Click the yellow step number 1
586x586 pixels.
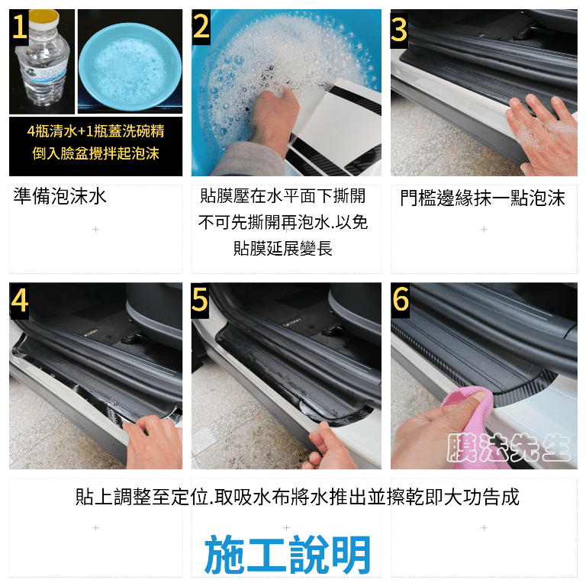18,27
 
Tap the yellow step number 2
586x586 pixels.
201,26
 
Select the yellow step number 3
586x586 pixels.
399,31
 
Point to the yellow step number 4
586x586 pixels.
19,301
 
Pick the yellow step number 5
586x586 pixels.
200,300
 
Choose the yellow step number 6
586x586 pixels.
401,299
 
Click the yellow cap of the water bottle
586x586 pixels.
44,17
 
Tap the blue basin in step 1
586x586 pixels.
130,66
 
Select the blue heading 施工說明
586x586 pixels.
288,554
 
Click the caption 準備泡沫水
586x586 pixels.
60,196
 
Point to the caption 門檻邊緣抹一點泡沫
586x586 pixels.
482,198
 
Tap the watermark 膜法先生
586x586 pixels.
508,447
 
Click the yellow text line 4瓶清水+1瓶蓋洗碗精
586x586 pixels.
95,131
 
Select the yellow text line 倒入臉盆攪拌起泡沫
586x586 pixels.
95,153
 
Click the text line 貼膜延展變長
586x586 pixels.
283,248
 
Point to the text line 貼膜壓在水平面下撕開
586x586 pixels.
282,196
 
